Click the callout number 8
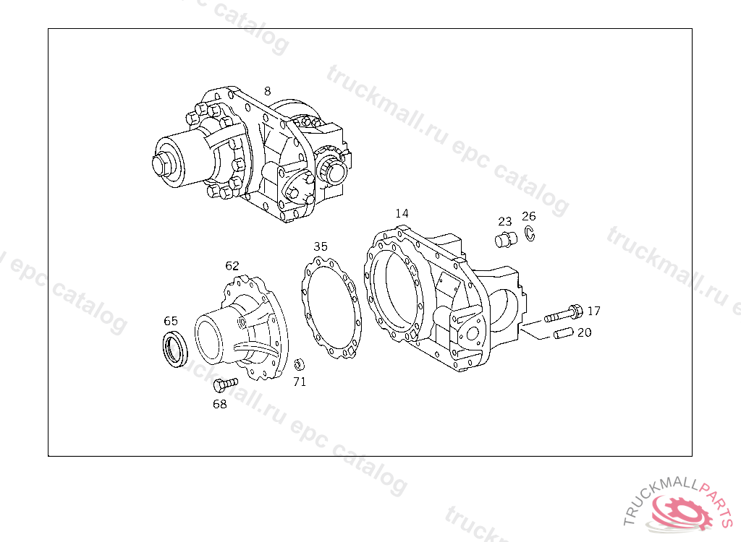[x=268, y=91]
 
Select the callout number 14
[x=402, y=213]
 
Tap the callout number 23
[x=504, y=221]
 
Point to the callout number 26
[x=529, y=216]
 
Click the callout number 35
[x=321, y=246]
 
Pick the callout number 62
[x=232, y=266]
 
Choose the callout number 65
[x=171, y=321]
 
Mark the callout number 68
[x=220, y=404]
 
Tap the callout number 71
[x=300, y=382]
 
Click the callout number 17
[x=593, y=311]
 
